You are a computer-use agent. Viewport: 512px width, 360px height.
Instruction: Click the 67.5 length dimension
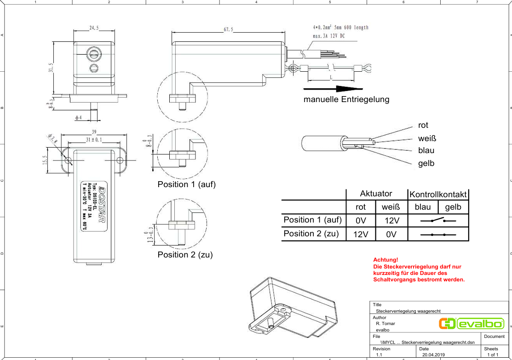[228, 29]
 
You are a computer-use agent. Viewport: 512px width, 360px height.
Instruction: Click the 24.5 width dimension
[94, 28]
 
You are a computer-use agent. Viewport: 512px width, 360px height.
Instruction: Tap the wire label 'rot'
[423, 125]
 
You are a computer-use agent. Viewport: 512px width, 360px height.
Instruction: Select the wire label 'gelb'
[426, 163]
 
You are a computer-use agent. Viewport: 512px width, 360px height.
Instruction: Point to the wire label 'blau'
[426, 150]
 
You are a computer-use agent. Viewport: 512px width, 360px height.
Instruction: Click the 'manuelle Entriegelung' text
[346, 99]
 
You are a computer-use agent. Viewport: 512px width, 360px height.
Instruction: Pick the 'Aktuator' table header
[376, 194]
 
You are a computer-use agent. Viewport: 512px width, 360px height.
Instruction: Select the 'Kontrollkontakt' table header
[438, 194]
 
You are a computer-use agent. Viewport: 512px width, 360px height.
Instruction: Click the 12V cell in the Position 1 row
[391, 221]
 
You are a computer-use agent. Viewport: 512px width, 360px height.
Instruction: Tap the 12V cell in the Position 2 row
[361, 234]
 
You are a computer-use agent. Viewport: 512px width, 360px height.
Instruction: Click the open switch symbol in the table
[438, 221]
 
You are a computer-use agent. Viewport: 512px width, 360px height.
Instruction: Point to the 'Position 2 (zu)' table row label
[311, 234]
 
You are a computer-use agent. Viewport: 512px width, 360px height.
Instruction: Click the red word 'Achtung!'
[385, 260]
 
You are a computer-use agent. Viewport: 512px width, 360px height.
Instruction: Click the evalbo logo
[472, 324]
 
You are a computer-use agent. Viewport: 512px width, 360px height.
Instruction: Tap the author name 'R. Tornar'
[385, 323]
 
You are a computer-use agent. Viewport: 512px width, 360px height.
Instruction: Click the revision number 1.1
[379, 355]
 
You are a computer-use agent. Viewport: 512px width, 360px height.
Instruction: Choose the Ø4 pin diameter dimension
[78, 118]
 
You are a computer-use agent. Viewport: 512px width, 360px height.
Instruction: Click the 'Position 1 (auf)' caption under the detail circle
[186, 184]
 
